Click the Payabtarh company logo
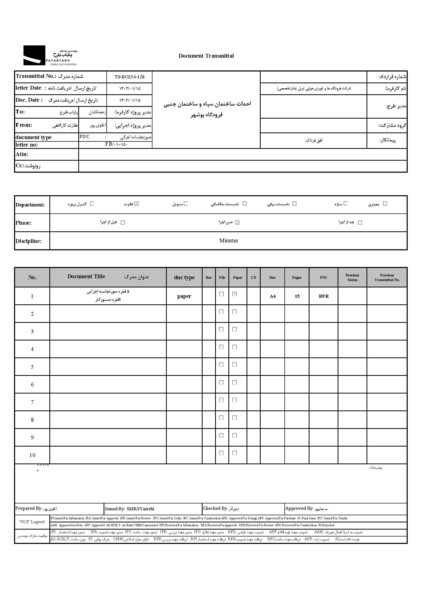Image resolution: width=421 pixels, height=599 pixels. [50, 55]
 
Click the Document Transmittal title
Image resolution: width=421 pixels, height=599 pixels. [206, 56]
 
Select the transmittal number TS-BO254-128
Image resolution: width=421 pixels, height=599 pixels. [129, 77]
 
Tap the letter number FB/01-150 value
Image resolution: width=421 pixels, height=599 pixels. [116, 144]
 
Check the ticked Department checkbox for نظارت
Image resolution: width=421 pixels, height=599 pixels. [137, 203]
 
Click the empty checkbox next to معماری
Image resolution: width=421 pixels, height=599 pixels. [385, 203]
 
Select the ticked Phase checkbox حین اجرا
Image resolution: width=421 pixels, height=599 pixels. [237, 223]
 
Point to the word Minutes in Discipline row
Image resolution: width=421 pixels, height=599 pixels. [228, 241]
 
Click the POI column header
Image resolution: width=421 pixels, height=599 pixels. [323, 277]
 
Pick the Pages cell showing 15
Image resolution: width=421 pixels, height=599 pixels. [297, 296]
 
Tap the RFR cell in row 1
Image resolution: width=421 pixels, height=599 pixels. [324, 296]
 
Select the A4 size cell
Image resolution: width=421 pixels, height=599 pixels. [272, 296]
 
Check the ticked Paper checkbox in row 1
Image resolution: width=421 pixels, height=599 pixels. [235, 294]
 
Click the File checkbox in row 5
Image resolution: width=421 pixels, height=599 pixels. [221, 365]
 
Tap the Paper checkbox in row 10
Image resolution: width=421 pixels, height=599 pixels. [235, 453]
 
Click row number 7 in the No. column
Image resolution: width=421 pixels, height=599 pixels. [32, 402]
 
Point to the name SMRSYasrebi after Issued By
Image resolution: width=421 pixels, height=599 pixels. [140, 509]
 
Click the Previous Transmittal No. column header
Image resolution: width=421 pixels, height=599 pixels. [387, 277]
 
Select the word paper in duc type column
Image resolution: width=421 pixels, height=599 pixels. [184, 296]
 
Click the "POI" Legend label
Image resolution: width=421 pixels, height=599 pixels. [32, 522]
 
